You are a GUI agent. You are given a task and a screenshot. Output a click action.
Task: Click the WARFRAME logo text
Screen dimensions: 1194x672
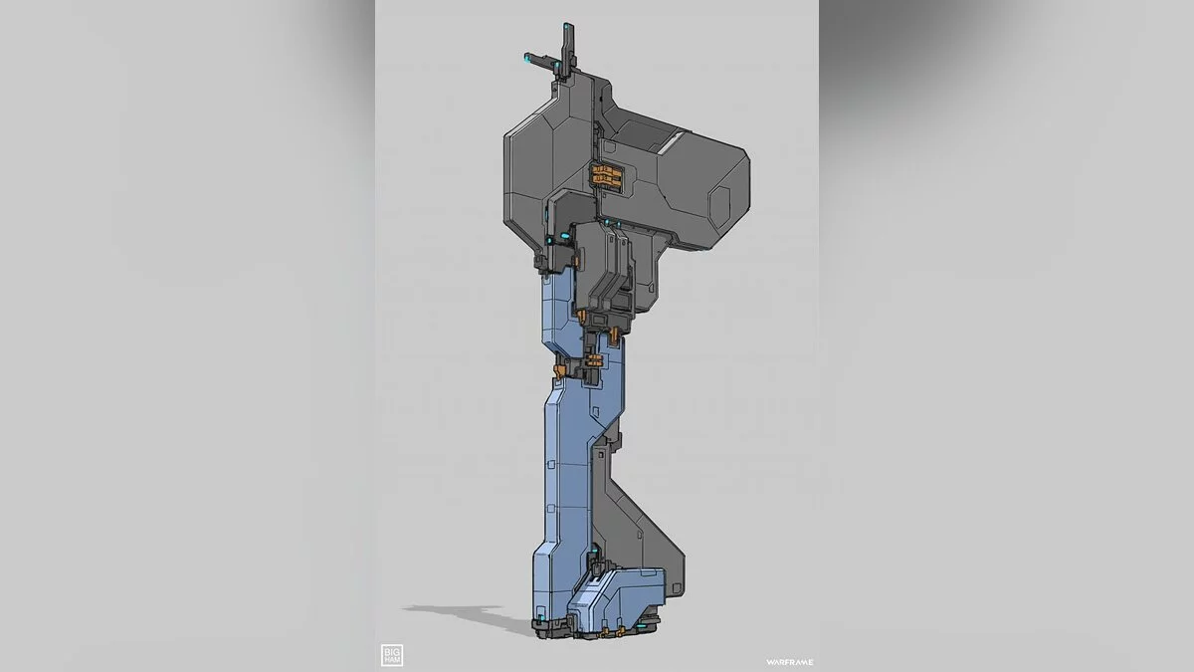click(789, 662)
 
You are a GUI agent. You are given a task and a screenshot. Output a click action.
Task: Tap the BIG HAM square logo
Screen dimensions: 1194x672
click(392, 655)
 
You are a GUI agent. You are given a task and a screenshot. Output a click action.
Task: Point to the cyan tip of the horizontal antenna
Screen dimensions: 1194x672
click(526, 56)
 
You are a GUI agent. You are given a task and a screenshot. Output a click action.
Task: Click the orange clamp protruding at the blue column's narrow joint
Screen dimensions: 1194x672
click(558, 370)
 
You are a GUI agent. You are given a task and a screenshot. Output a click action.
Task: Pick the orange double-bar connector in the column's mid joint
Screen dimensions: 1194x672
click(593, 360)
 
